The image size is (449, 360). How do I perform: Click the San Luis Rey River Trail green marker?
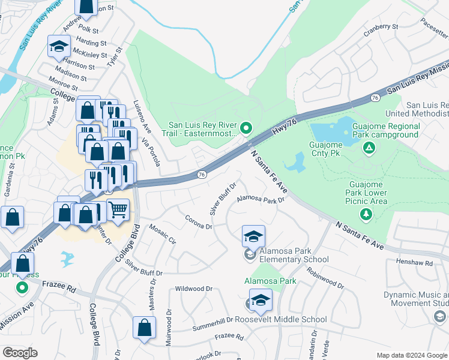click(x=246, y=128)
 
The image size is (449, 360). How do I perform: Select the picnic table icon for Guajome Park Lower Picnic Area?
click(x=364, y=214)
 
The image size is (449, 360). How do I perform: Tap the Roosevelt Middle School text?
click(x=289, y=320)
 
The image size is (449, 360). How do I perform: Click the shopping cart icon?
click(x=118, y=210)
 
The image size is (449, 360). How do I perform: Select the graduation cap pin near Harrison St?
click(x=59, y=47)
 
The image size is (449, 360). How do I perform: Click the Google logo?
click(x=20, y=352)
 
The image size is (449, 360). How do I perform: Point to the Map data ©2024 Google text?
click(x=412, y=355)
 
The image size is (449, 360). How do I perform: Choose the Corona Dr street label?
click(x=198, y=223)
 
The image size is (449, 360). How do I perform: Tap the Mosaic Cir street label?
click(x=162, y=235)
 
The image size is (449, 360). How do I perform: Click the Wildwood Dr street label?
click(x=194, y=289)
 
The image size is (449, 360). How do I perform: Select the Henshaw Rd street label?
click(x=415, y=263)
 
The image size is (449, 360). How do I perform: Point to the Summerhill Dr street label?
click(x=212, y=325)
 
